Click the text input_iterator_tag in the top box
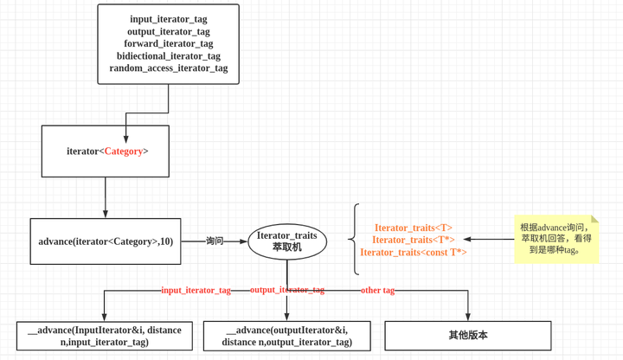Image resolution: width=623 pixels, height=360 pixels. coord(169,19)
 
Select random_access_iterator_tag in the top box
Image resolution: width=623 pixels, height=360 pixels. coord(169,68)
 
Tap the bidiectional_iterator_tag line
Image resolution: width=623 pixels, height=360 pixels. coord(169,56)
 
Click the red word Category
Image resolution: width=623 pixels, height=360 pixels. coord(124,151)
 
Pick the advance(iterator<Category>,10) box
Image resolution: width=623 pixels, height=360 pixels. coord(106,241)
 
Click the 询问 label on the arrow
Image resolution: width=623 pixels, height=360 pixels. coord(215,241)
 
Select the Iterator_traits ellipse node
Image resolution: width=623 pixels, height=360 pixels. coord(287,241)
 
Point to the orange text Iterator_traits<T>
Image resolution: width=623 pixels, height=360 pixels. coord(414,228)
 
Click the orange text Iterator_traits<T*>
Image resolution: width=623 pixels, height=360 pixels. coord(414,240)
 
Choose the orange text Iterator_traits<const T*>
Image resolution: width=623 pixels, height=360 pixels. coord(414,253)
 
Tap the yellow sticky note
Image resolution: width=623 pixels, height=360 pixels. coord(556,239)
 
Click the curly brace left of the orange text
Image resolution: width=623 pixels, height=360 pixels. coord(354,239)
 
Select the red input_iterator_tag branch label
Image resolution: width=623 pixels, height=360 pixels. coord(196,291)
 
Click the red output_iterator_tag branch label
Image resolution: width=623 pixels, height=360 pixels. coord(287,290)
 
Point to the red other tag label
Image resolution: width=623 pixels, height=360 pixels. coord(378,291)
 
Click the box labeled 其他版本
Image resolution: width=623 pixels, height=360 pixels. coord(468,336)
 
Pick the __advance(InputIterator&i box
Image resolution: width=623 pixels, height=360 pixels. coord(105,336)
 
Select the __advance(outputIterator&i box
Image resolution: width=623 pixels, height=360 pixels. coord(287,336)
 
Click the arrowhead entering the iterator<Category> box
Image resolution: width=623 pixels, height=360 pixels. coord(126,139)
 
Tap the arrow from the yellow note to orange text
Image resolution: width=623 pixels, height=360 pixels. coord(489,239)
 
